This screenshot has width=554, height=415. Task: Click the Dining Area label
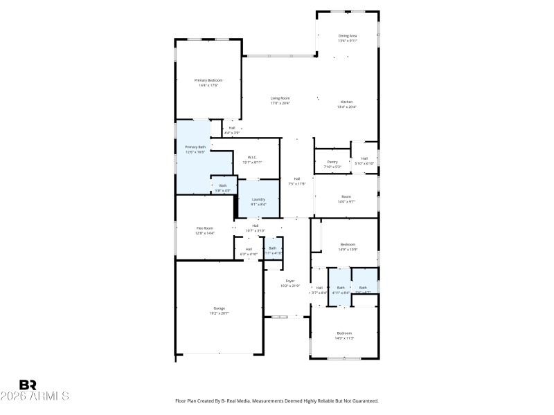pos(347,35)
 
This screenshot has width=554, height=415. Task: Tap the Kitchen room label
pos(346,102)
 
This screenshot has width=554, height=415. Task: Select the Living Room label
pos(280,98)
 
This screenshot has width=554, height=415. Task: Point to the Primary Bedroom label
pos(208,80)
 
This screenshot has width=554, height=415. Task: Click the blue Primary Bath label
pos(195,147)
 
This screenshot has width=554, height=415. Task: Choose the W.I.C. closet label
pos(253,157)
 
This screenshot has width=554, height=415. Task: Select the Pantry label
pos(332,162)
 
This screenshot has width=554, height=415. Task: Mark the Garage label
pos(219,308)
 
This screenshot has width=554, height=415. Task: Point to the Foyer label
pos(289,281)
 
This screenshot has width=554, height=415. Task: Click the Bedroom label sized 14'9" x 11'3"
pos(344,333)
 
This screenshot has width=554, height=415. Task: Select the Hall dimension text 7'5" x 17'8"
pos(296,184)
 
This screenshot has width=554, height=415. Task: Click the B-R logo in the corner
pos(28,385)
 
